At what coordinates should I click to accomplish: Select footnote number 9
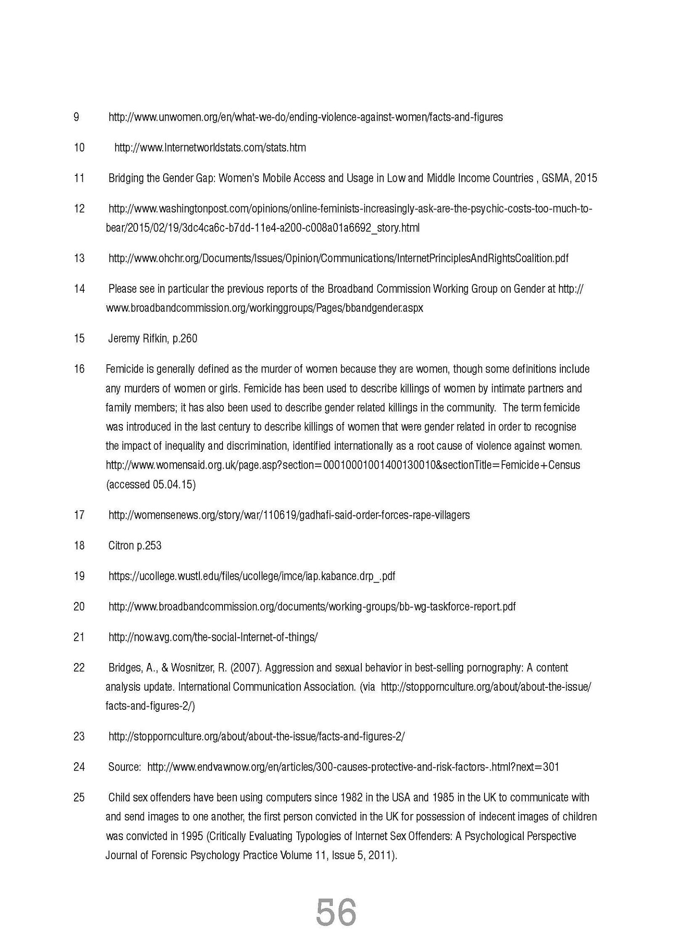click(76, 117)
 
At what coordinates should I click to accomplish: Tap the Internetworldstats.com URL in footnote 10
click(210, 148)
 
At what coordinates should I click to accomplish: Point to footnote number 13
click(79, 258)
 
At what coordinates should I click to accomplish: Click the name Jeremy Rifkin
click(138, 339)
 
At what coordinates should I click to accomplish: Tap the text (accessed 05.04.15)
click(151, 485)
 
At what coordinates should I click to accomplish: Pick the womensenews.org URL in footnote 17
click(289, 515)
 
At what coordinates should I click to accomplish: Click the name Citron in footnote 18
click(121, 546)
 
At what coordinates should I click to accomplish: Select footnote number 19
click(79, 576)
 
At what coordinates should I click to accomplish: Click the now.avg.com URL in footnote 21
click(213, 637)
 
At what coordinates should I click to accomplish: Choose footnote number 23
click(79, 736)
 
